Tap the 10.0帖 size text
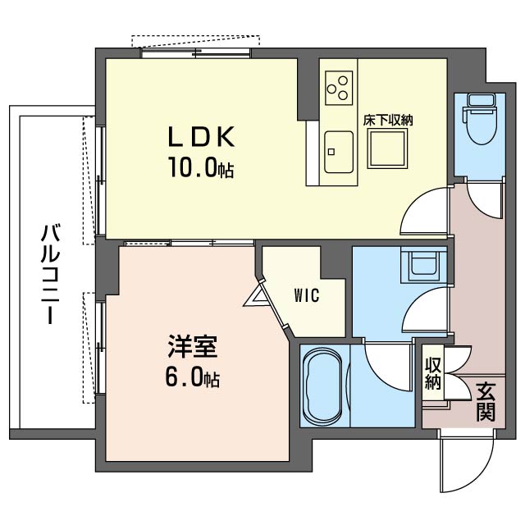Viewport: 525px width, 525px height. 201,169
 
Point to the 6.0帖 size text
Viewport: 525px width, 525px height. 190,379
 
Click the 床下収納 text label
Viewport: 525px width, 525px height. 388,120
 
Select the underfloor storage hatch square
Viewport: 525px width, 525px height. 387,149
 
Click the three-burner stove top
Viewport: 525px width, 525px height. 337,86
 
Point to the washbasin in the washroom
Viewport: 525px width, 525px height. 424,264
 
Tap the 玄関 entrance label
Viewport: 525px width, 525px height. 485,401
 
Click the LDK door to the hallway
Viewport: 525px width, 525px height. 425,212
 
